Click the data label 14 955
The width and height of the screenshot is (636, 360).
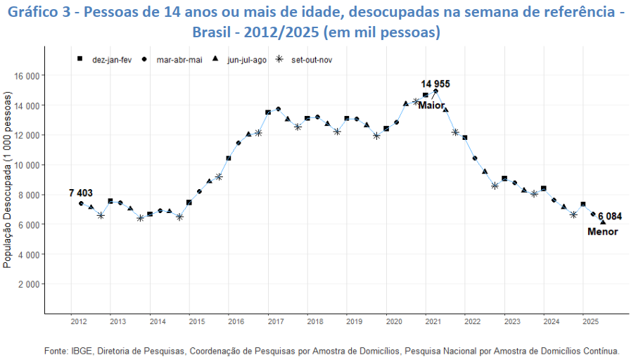(x=435, y=84)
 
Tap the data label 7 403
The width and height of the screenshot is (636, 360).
(x=81, y=193)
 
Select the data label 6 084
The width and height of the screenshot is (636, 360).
(x=610, y=217)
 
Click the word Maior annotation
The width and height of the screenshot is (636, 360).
(x=431, y=105)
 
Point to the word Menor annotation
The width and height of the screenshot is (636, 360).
(x=603, y=232)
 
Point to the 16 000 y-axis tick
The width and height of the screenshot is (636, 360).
(x=28, y=75)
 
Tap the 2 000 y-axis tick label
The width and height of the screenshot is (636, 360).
(x=30, y=284)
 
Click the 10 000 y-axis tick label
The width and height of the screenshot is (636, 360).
(x=28, y=165)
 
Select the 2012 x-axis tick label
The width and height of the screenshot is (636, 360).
(x=79, y=322)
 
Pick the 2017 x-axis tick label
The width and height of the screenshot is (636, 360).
(x=275, y=322)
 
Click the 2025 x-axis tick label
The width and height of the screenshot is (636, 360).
(x=590, y=322)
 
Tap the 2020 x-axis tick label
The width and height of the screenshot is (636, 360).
(x=393, y=322)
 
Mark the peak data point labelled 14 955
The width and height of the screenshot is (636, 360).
(x=436, y=91)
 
